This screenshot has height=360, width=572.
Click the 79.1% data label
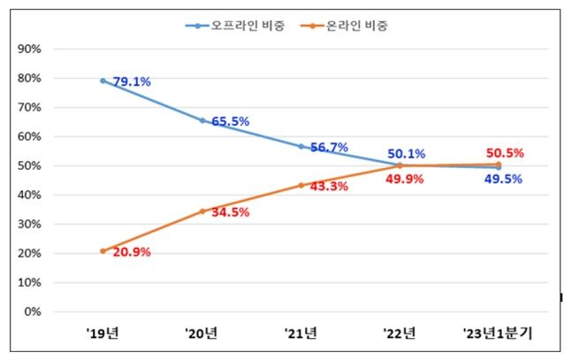pos(132,82)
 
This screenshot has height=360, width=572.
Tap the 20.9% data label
pos(132,252)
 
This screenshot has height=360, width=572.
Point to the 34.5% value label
pos(230,212)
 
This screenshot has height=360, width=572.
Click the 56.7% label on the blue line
pos(329,148)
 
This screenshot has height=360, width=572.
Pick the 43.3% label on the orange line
pos(329,187)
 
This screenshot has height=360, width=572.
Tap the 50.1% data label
pos(407,154)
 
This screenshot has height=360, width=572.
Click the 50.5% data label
pos(505,153)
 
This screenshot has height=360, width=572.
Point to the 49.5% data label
pos(503,180)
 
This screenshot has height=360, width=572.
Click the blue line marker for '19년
pos(103,80)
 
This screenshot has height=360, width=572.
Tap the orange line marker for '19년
pos(103,251)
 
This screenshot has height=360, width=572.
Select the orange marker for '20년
pos(202,211)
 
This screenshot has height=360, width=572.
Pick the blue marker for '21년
pos(301,146)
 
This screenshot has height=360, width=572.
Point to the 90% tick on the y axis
pos(29,49)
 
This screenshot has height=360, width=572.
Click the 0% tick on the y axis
pos(33,311)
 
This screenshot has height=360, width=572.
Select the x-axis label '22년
pos(400,334)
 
